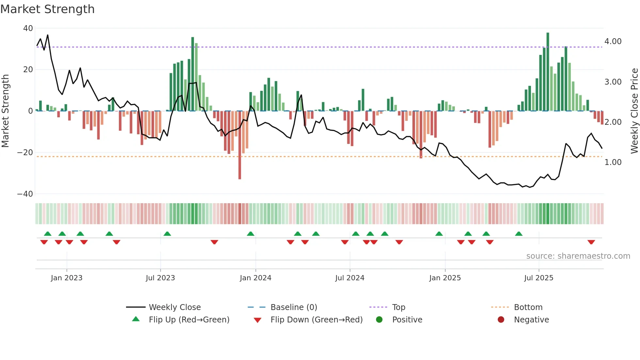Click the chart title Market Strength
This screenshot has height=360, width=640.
pyautogui.click(x=47, y=9)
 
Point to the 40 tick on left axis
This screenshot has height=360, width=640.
pyautogui.click(x=28, y=28)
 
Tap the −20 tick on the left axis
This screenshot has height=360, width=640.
pyautogui.click(x=25, y=153)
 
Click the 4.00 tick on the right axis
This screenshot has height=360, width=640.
pyautogui.click(x=613, y=41)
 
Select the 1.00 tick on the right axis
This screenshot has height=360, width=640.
pyautogui.click(x=613, y=162)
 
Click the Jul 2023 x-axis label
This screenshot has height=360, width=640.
pyautogui.click(x=160, y=278)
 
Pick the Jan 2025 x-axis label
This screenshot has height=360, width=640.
pyautogui.click(x=445, y=278)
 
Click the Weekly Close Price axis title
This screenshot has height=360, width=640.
pyautogui.click(x=634, y=111)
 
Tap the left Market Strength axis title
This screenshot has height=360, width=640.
pyautogui.click(x=5, y=111)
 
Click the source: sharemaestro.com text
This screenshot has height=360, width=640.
pyautogui.click(x=578, y=256)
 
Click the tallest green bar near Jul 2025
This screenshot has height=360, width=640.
pyautogui.click(x=548, y=72)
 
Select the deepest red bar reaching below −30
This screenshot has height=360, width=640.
pyautogui.click(x=240, y=145)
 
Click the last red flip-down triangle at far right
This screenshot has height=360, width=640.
pyautogui.click(x=591, y=242)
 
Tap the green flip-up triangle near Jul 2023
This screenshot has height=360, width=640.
pyautogui.click(x=167, y=234)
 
